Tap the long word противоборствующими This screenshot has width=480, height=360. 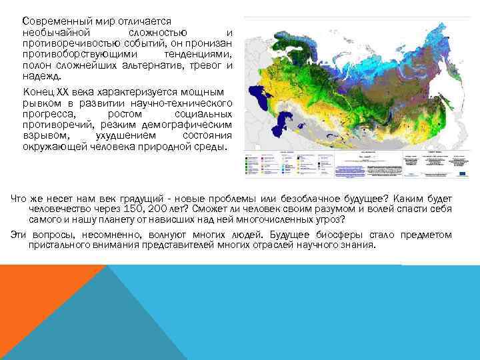tap(81, 55)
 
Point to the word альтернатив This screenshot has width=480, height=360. tap(158, 65)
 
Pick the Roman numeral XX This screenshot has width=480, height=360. tap(61, 92)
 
